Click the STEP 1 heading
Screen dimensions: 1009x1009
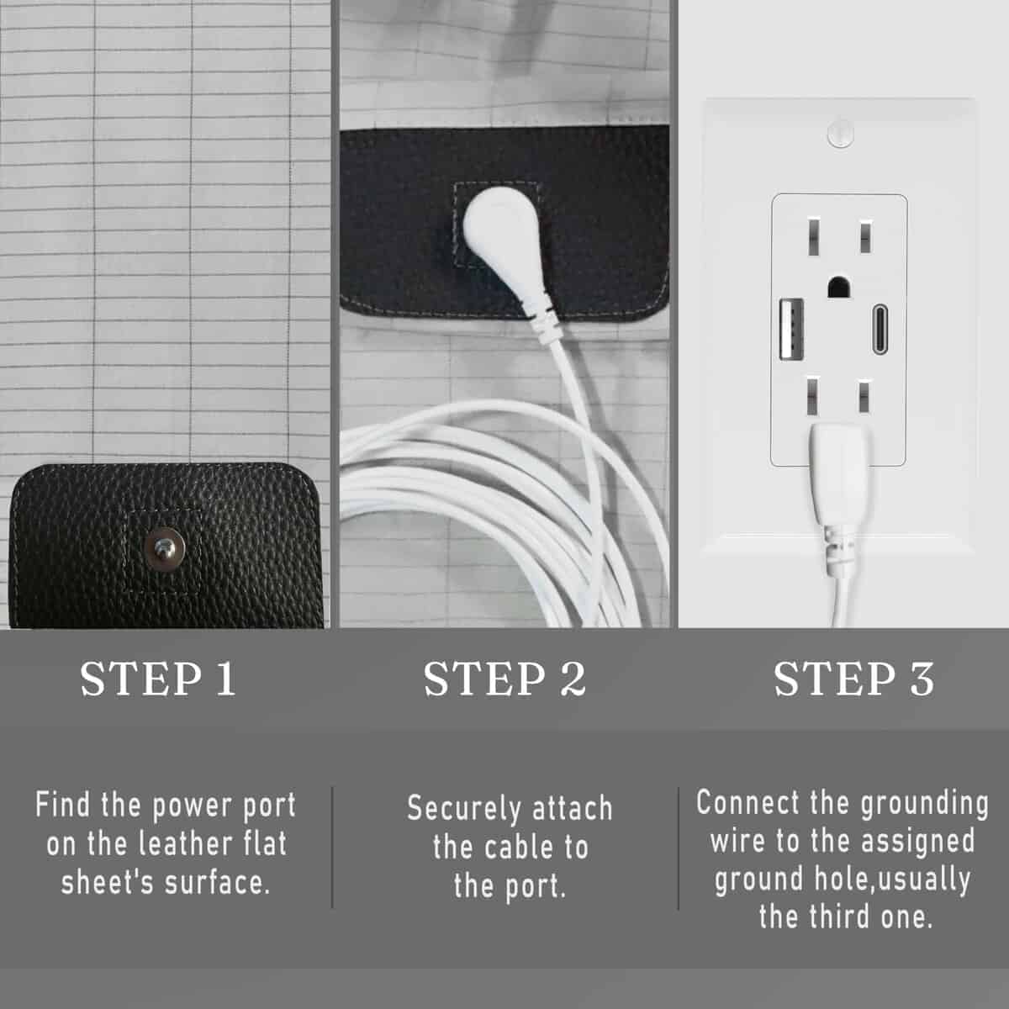point(157,679)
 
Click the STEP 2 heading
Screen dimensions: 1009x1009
point(504,679)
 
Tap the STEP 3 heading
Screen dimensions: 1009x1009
point(853,679)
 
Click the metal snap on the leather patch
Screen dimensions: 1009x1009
point(166,549)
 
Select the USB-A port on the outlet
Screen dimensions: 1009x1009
point(790,328)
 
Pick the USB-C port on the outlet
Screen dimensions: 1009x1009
point(880,330)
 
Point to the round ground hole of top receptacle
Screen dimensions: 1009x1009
point(838,287)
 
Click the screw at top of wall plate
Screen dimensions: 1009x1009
point(840,134)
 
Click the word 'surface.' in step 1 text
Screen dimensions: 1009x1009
point(217,883)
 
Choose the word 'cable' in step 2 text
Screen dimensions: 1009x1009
point(519,848)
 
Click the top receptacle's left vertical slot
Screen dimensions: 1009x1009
point(813,236)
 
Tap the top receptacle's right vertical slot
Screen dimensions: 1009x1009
point(864,236)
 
